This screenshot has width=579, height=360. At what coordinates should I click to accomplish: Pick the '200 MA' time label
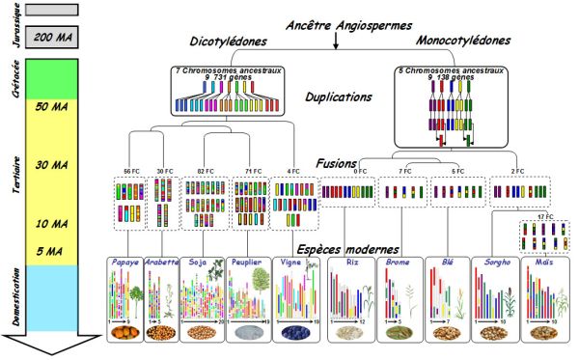49,38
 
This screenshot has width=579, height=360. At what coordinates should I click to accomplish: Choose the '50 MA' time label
49,106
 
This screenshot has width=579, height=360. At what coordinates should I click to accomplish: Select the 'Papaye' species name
124,261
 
